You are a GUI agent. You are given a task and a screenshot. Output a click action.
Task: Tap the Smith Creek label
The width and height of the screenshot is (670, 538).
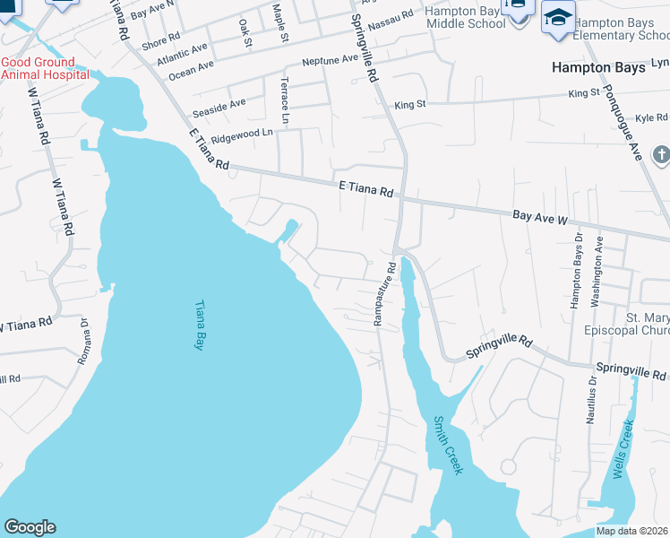point(447,445)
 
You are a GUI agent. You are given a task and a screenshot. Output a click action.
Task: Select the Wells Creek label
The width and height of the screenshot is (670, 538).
point(624,449)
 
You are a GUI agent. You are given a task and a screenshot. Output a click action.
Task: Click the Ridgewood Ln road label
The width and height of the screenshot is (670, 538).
point(242,134)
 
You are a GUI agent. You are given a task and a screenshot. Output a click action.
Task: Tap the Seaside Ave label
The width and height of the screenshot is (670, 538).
point(225,104)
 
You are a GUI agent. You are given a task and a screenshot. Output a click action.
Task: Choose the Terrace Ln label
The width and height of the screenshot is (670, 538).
point(285,100)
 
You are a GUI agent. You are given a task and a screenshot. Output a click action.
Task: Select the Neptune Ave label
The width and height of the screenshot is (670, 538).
point(330,59)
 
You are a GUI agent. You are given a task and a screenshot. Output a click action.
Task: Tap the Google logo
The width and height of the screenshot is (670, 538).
point(30,527)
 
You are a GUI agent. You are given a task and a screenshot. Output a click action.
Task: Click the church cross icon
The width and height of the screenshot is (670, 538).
point(661,154)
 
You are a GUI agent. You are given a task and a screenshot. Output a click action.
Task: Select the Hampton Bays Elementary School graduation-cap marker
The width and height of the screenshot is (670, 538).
point(558,17)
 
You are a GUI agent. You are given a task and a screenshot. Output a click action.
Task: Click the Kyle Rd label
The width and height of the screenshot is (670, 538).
point(651,117)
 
